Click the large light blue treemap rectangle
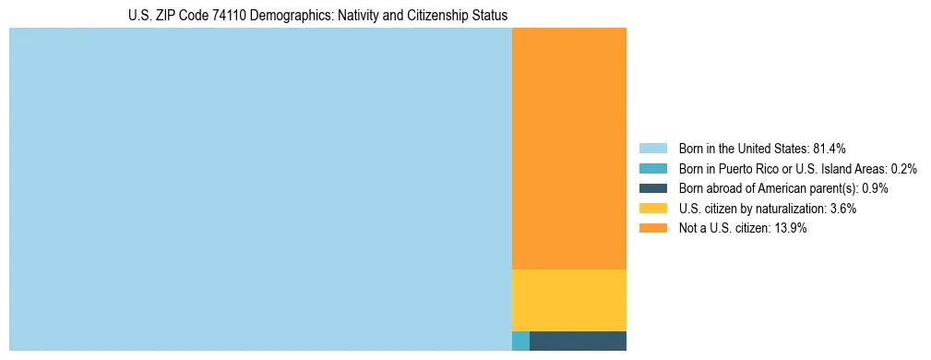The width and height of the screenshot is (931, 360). click(260, 189)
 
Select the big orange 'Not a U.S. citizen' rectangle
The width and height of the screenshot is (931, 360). click(568, 149)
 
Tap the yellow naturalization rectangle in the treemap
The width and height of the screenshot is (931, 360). click(568, 300)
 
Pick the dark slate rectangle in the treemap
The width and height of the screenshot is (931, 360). click(578, 341)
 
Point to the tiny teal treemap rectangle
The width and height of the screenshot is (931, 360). click(520, 341)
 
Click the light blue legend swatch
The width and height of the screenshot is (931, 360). click(652, 149)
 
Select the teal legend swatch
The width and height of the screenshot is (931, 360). click(652, 169)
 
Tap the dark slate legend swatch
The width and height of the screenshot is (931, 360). click(652, 188)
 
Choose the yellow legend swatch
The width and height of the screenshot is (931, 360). click(652, 209)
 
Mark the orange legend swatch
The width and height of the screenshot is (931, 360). click(652, 228)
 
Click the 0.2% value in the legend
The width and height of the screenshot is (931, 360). click(903, 169)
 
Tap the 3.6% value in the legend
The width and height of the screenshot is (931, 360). click(842, 209)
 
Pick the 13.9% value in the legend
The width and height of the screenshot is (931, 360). click(790, 228)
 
